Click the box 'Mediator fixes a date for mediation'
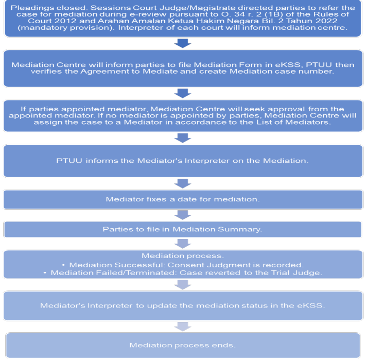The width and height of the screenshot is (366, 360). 183,199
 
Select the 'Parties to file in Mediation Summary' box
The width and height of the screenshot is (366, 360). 183,229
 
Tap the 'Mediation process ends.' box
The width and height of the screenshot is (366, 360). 183,345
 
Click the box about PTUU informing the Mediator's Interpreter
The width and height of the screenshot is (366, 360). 183,161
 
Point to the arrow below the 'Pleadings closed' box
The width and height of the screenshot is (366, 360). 183,43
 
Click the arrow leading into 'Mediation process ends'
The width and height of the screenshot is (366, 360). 183,327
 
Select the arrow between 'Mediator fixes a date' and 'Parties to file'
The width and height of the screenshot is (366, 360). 183,215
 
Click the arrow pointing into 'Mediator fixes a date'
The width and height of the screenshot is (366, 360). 183,183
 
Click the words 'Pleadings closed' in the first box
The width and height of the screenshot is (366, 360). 48,8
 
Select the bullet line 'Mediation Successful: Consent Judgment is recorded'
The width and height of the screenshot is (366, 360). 186,265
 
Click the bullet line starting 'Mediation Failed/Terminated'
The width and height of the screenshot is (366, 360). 186,273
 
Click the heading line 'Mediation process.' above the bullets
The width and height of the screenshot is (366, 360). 183,256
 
